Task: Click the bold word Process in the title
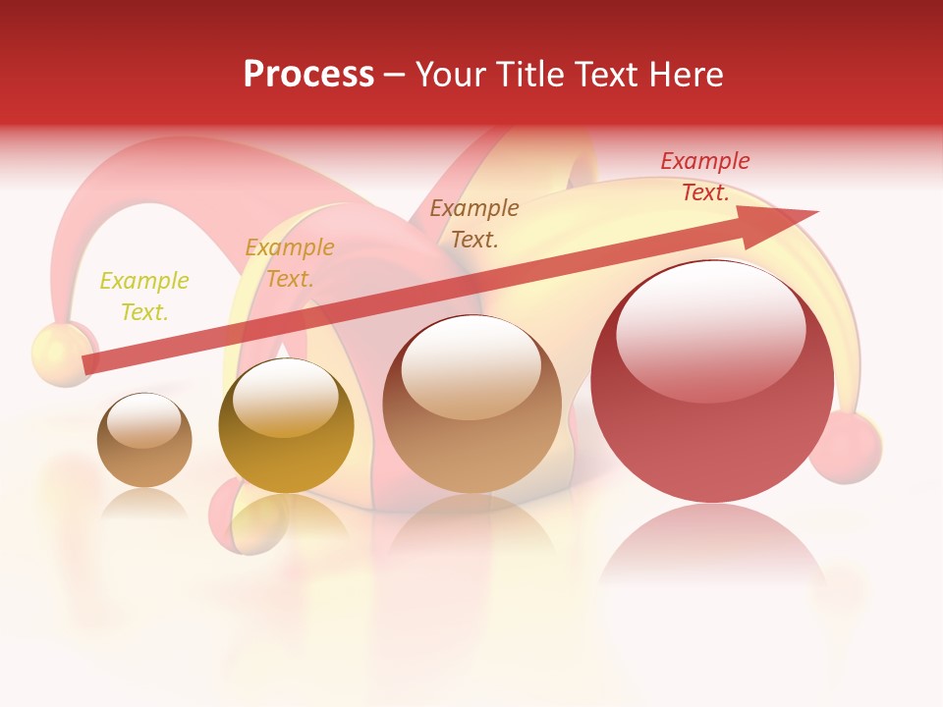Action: (308, 75)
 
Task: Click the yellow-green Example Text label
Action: (144, 297)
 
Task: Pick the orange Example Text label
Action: (289, 263)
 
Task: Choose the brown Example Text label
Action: (474, 223)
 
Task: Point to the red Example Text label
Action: (704, 177)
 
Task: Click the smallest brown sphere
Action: (144, 440)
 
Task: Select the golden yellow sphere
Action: (286, 425)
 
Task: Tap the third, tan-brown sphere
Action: (471, 404)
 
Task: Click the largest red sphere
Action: (712, 382)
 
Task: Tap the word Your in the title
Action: (450, 75)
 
